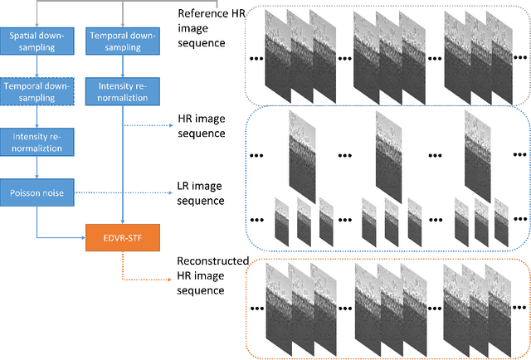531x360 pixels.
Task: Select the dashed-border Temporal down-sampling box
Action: coord(37,90)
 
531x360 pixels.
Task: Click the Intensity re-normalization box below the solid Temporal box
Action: coord(123,91)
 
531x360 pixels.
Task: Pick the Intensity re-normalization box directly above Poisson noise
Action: coord(37,141)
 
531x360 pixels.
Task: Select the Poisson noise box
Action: coord(37,192)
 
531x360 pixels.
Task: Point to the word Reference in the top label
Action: coord(204,13)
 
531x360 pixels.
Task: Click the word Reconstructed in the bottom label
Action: coord(212,261)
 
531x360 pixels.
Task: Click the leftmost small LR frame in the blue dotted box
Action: coord(282,221)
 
